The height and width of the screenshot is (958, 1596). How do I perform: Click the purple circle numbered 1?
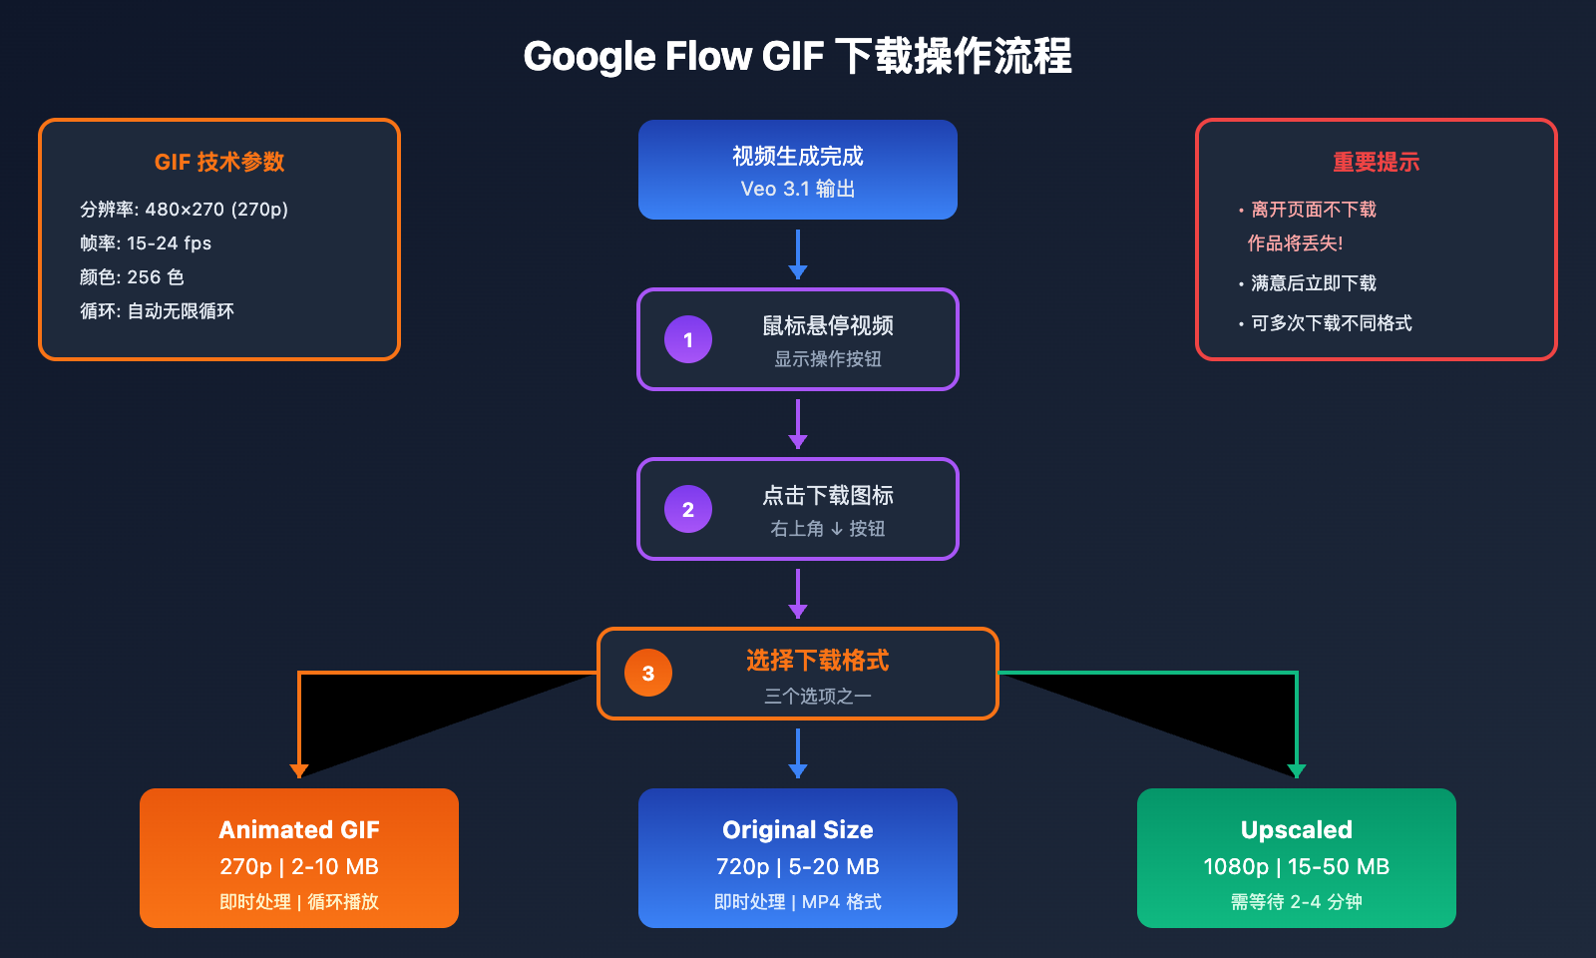tap(688, 339)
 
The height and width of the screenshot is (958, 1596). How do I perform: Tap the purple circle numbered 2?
tap(688, 509)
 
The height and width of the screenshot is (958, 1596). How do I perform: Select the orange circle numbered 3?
tap(648, 674)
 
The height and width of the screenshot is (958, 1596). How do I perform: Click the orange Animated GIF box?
tap(299, 858)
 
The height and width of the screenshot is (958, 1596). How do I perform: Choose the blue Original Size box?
tap(798, 858)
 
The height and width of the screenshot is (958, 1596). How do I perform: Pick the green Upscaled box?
tap(1297, 858)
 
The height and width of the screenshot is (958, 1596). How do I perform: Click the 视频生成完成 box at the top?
tap(798, 170)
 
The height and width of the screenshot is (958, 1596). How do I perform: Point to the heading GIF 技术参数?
tap(219, 162)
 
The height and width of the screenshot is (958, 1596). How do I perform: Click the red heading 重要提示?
tap(1377, 162)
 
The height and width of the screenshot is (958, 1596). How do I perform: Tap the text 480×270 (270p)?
tap(216, 210)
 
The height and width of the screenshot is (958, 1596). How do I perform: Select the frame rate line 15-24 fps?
tap(169, 243)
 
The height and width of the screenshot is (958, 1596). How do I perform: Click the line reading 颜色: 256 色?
tap(132, 277)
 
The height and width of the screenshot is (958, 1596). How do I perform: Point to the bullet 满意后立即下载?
tap(1313, 283)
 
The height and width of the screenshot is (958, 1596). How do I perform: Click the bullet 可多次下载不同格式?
tap(1331, 323)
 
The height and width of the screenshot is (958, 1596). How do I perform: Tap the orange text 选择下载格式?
tap(818, 661)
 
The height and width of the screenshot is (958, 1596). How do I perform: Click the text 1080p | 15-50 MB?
tap(1297, 866)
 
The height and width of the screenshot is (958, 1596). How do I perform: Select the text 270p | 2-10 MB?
tap(299, 866)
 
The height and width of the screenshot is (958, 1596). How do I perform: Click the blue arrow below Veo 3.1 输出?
tap(798, 254)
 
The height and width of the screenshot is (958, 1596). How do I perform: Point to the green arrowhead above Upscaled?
tap(1297, 770)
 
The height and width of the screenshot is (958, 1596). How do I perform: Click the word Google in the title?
tap(589, 57)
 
